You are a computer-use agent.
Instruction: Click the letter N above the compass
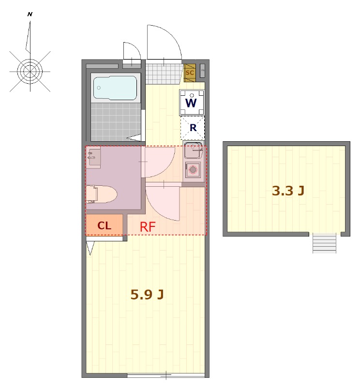click(30, 15)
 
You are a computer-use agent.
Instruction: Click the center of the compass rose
click(30, 72)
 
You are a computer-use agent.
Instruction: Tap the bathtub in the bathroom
click(115, 88)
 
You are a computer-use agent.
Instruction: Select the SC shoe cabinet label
click(190, 73)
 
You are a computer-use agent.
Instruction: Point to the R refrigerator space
click(193, 128)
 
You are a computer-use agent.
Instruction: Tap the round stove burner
click(193, 170)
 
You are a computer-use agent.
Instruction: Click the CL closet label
click(104, 225)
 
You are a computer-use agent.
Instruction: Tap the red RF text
click(148, 227)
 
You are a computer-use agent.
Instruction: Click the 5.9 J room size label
click(147, 295)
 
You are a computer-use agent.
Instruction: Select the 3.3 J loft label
click(288, 191)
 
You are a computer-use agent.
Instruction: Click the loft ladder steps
click(325, 243)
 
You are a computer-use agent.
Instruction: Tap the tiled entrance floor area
click(164, 74)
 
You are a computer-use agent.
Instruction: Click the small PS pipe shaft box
click(202, 71)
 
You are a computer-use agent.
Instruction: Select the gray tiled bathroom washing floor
click(116, 122)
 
